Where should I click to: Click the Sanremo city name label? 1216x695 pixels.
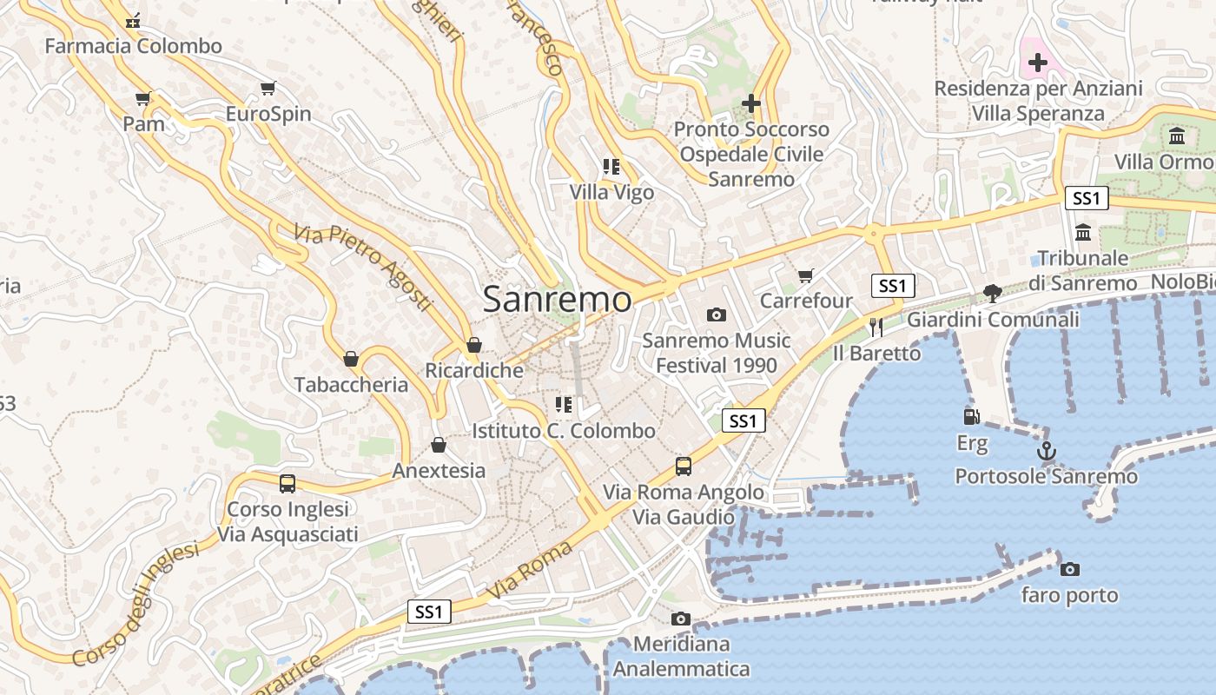pyautogui.click(x=557, y=300)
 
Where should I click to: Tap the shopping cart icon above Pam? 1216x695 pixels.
pyautogui.click(x=143, y=99)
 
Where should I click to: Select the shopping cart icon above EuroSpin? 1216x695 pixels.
pyautogui.click(x=268, y=88)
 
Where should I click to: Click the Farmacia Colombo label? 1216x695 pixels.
pyautogui.click(x=134, y=46)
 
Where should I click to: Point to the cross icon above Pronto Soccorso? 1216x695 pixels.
pyautogui.click(x=751, y=103)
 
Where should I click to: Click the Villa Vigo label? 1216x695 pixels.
pyautogui.click(x=611, y=192)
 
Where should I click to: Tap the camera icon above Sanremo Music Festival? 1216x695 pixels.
pyautogui.click(x=717, y=314)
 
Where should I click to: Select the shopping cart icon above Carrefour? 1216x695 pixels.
pyautogui.click(x=806, y=276)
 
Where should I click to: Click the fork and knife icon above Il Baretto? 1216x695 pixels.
pyautogui.click(x=876, y=327)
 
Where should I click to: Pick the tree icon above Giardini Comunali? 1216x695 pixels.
pyautogui.click(x=993, y=294)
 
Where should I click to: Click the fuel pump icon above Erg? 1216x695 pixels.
pyautogui.click(x=972, y=418)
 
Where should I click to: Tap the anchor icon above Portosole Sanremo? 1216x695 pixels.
pyautogui.click(x=1047, y=451)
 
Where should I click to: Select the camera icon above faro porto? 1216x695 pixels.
pyautogui.click(x=1070, y=569)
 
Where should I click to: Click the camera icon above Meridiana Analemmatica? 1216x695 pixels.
pyautogui.click(x=681, y=619)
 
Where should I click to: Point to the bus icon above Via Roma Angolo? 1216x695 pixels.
pyautogui.click(x=684, y=467)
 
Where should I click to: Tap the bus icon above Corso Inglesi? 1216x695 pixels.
pyautogui.click(x=287, y=484)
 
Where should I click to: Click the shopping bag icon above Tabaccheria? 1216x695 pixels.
pyautogui.click(x=351, y=359)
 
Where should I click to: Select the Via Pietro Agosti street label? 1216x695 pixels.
pyautogui.click(x=363, y=268)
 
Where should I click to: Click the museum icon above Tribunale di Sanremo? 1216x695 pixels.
pyautogui.click(x=1083, y=233)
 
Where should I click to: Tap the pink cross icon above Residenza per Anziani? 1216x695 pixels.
pyautogui.click(x=1037, y=63)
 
